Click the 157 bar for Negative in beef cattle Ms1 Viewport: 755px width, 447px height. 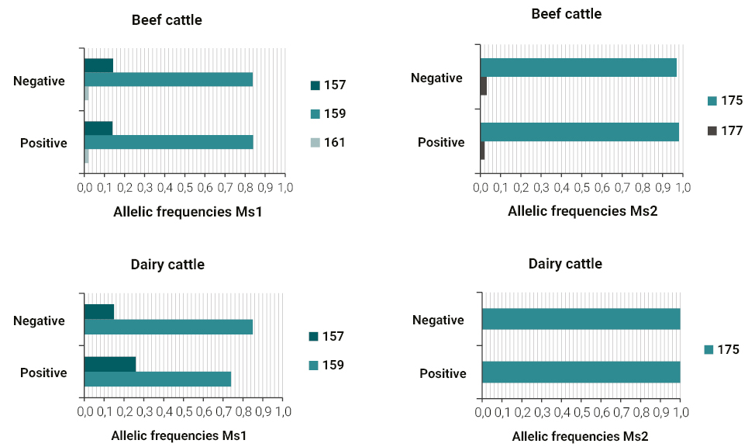click(x=98, y=65)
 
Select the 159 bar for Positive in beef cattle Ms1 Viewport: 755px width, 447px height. click(x=168, y=142)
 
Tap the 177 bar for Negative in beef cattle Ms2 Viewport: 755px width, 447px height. click(x=484, y=86)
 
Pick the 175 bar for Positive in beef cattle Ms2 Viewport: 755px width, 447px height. click(x=579, y=132)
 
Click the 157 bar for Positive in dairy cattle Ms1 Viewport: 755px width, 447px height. click(x=109, y=364)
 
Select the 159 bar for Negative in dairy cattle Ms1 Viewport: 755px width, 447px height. click(x=168, y=327)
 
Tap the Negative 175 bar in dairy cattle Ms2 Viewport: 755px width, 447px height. click(x=581, y=319)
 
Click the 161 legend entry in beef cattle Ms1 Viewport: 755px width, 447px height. click(x=328, y=142)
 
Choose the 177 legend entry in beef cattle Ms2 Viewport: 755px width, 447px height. click(x=724, y=131)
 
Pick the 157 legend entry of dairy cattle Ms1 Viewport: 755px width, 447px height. click(x=326, y=336)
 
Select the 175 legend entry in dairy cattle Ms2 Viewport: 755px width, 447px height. click(x=720, y=350)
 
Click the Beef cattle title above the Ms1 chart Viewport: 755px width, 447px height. click(x=166, y=20)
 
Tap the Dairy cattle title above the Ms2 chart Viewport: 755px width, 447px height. click(x=565, y=264)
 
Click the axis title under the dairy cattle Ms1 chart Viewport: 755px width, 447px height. click(x=178, y=435)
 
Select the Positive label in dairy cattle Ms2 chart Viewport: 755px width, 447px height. click(x=443, y=373)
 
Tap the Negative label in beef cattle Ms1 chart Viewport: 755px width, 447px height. click(x=39, y=80)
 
